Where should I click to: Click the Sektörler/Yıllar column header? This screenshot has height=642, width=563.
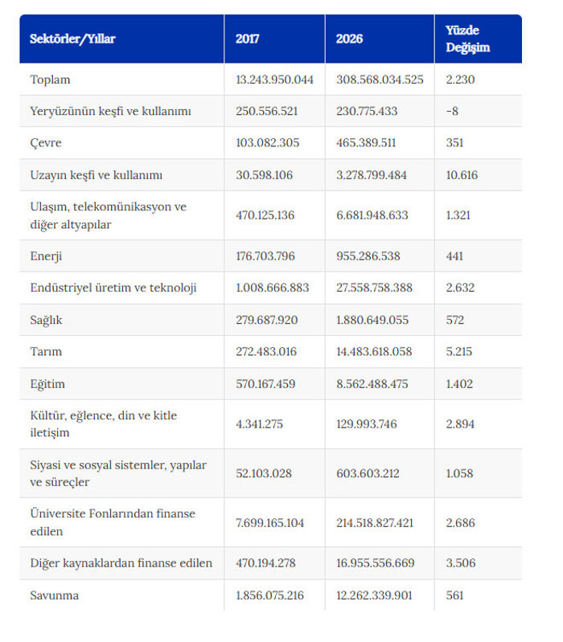[x=72, y=39]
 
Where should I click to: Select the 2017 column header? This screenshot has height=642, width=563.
[x=247, y=39]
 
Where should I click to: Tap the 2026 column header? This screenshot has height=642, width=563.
[x=349, y=39]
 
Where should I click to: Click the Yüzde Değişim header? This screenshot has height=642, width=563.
[x=467, y=39]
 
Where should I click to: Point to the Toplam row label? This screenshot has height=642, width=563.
[x=50, y=80]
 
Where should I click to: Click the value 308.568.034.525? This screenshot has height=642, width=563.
[x=380, y=80]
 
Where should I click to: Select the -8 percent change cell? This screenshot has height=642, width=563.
[x=452, y=111]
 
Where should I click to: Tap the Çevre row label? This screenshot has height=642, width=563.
[x=46, y=143]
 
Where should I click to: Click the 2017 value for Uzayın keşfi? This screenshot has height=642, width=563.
[x=265, y=175]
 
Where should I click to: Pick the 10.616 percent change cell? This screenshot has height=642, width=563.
[x=462, y=175]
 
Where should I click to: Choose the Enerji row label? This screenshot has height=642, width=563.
[x=46, y=256]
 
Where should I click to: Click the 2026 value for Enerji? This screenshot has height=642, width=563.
[x=368, y=256]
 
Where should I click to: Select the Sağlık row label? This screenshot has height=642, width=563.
[x=46, y=320]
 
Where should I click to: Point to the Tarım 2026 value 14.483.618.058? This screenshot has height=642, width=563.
[x=374, y=351]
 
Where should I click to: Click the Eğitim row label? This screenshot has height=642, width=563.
[x=47, y=384]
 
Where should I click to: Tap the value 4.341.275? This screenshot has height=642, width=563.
[x=259, y=423]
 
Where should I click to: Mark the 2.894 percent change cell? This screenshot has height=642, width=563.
[x=460, y=423]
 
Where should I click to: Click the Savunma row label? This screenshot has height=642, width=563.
[x=54, y=595]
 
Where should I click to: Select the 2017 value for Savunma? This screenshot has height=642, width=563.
[x=269, y=595]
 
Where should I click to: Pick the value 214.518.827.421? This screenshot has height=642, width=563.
[x=375, y=523]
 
